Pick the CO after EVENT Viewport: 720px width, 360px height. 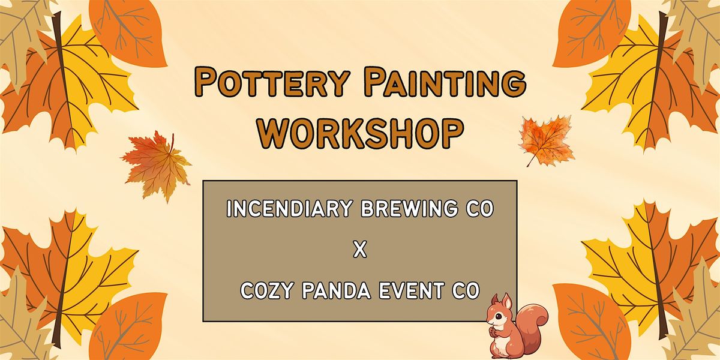point(467,291)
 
